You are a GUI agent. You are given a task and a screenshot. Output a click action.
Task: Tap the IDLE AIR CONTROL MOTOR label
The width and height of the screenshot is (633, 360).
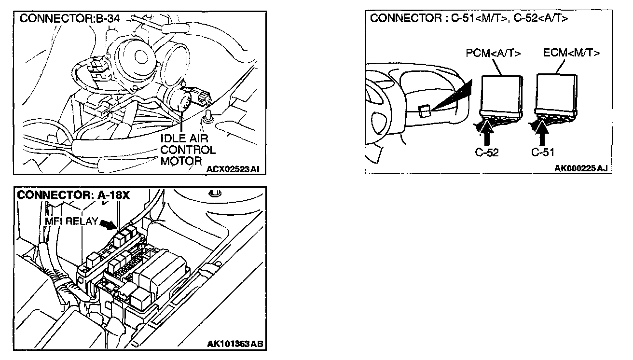tap(188, 150)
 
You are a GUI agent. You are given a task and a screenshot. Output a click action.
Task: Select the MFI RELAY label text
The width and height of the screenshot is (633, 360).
tap(71, 222)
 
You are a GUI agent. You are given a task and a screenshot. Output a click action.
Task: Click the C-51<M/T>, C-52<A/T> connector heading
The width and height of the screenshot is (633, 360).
tap(468, 19)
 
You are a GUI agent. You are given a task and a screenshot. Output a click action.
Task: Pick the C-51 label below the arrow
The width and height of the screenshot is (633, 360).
tap(542, 152)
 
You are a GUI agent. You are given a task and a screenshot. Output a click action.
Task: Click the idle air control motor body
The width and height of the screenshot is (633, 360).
tap(183, 101)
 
